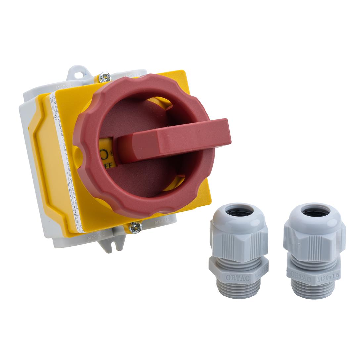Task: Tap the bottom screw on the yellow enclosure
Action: [135, 227]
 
